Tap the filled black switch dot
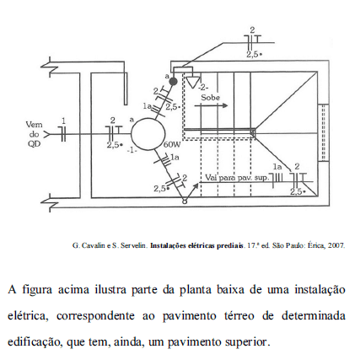coord(173,82)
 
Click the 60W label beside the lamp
coord(172,144)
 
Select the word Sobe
coord(211,98)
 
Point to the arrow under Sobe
coord(211,106)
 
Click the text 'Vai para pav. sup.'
coord(237,178)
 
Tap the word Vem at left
coord(35,124)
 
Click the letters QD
coord(34,143)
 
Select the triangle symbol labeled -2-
coord(193,82)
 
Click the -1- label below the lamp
coord(132,150)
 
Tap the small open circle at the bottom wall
coord(185,201)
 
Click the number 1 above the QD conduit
coord(64,121)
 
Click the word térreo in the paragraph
coord(239,315)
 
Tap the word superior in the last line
coord(246,342)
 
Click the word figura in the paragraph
coord(37,289)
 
